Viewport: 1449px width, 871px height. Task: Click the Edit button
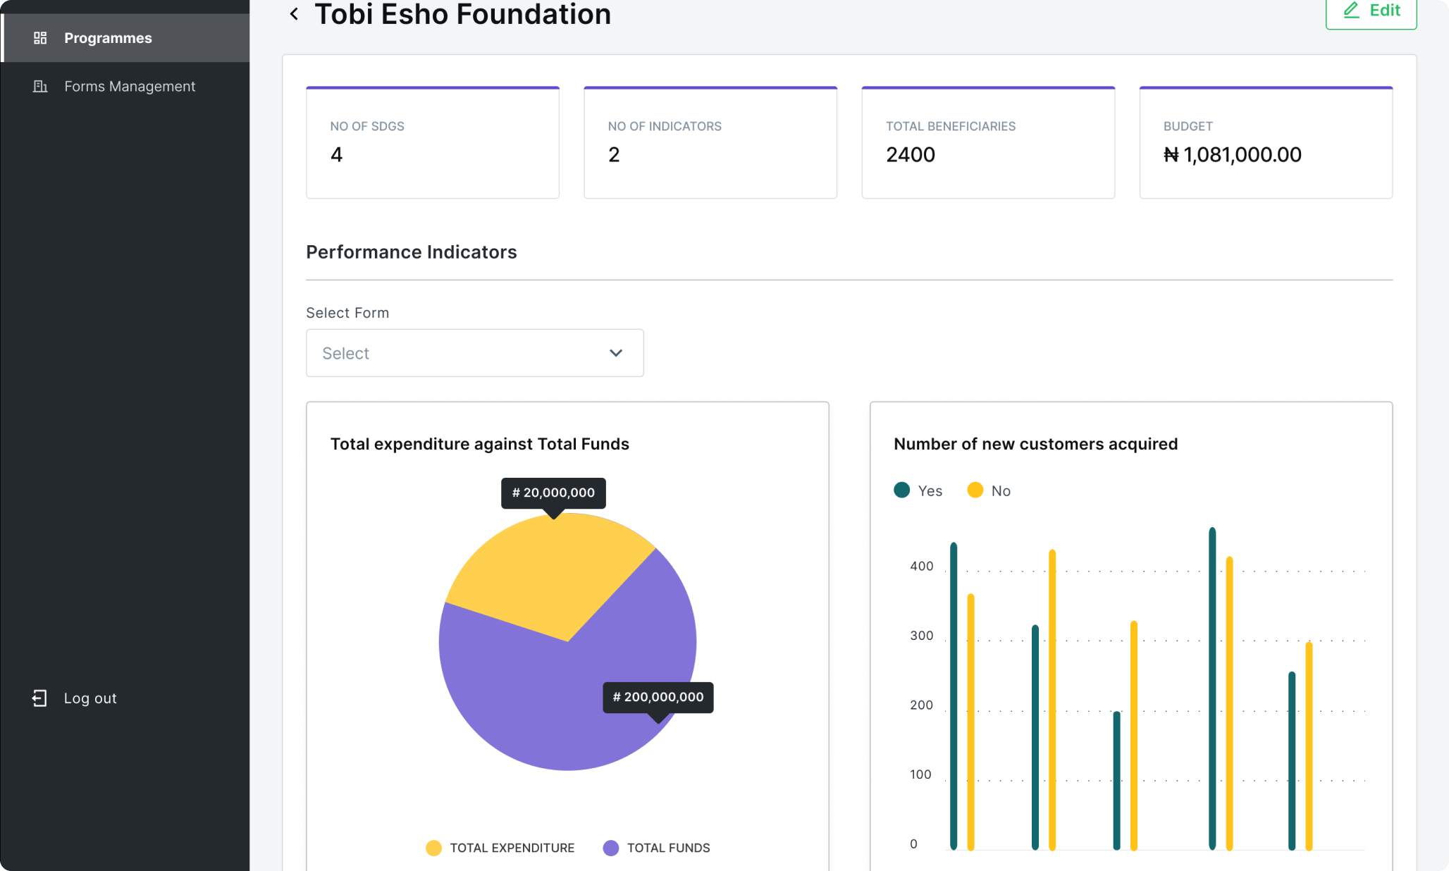[1371, 11]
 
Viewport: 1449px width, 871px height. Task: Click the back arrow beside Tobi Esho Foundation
[294, 13]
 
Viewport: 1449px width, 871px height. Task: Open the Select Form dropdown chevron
[616, 353]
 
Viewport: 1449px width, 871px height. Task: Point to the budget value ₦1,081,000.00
[1232, 154]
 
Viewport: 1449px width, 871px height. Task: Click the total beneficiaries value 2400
[911, 154]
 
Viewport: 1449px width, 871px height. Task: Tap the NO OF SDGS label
[367, 126]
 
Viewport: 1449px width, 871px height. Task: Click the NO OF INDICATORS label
[665, 126]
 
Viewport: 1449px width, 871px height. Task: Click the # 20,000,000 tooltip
[553, 493]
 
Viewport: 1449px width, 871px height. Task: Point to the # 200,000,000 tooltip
[658, 697]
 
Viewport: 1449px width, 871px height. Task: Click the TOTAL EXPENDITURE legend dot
[433, 848]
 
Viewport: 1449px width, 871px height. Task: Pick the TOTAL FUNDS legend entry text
[668, 848]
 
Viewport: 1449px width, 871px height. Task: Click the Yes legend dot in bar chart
[901, 490]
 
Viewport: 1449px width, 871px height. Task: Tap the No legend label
[1001, 491]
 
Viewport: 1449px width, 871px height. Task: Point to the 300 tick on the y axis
[921, 636]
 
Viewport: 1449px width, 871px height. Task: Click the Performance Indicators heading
[412, 252]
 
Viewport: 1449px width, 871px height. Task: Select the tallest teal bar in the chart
[1212, 688]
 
